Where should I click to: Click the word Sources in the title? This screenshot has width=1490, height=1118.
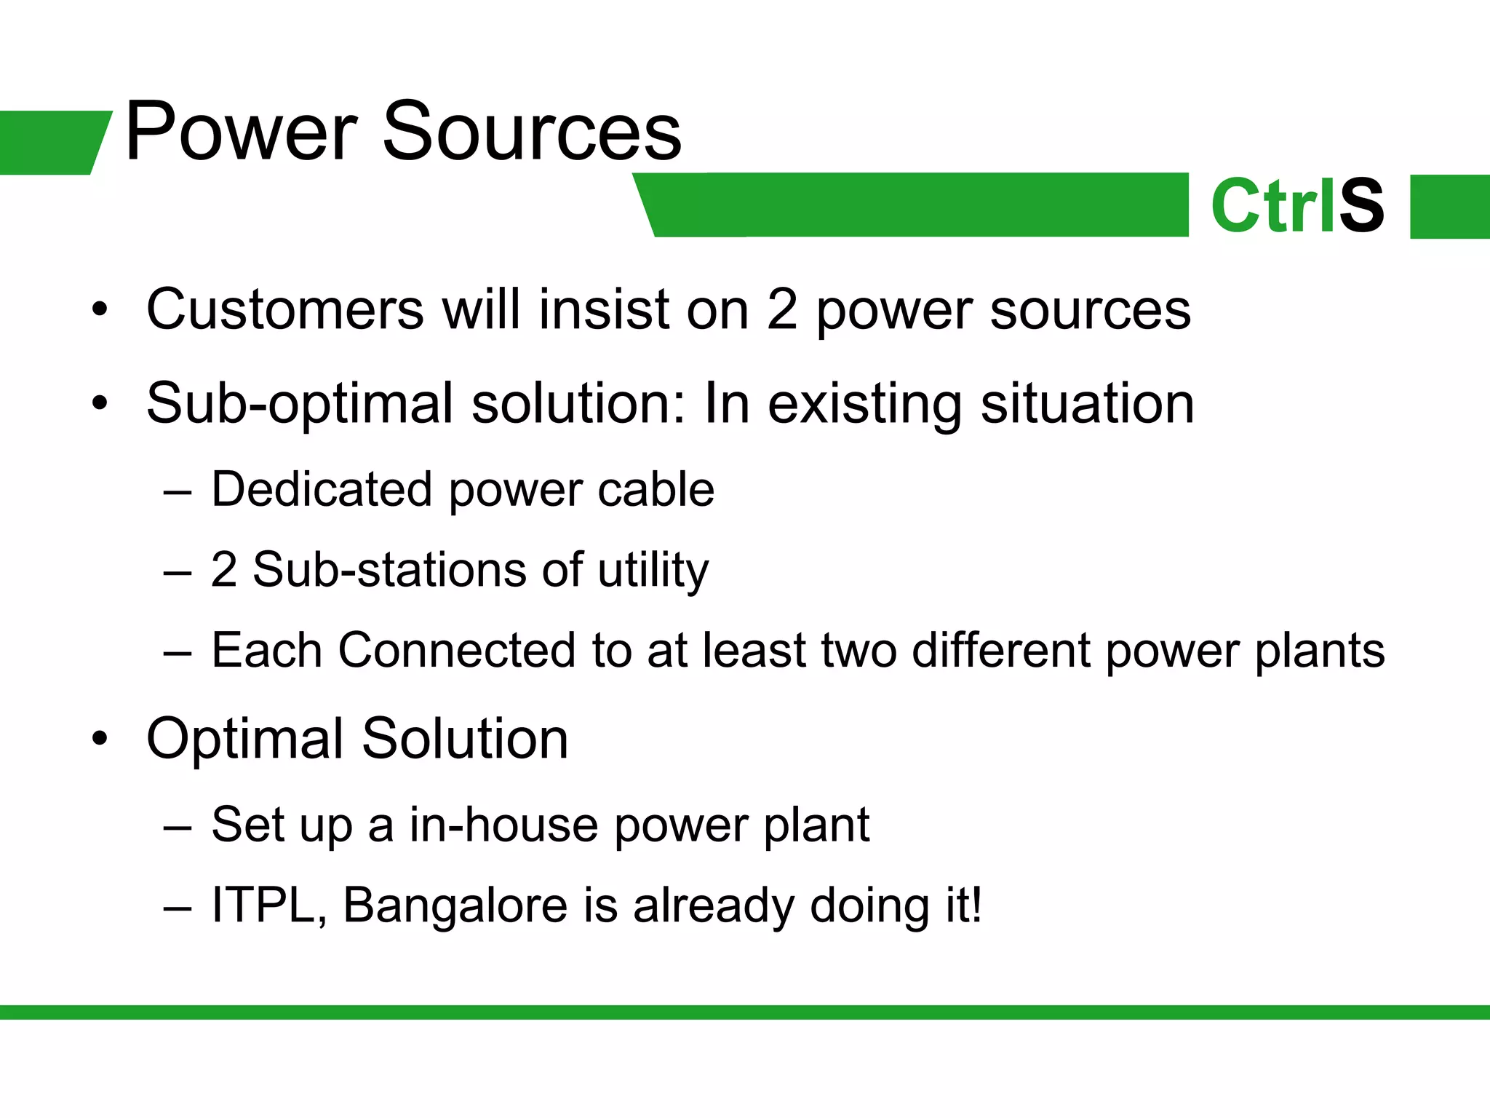[x=531, y=133]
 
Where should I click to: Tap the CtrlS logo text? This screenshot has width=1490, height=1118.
[x=1297, y=207]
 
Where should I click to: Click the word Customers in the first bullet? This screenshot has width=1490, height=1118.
[x=284, y=309]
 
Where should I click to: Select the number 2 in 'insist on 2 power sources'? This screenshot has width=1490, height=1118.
[x=782, y=309]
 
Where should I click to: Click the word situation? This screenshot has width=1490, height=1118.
[x=1087, y=403]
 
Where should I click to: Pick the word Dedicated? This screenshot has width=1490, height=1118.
[x=322, y=489]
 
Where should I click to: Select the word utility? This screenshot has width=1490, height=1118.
[x=653, y=571]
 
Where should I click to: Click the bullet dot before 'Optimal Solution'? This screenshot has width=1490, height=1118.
[x=100, y=740]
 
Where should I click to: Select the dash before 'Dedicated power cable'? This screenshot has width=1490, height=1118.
[x=178, y=492]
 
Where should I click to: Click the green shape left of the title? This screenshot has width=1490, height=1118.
[x=51, y=142]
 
